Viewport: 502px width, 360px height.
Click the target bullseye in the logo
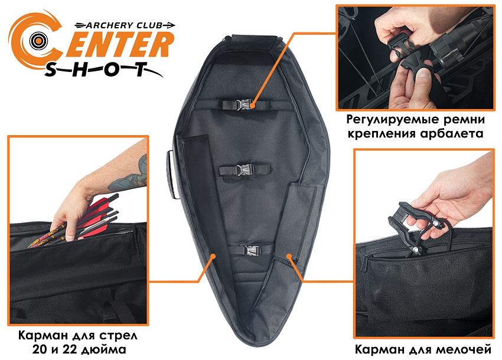pos(38,41)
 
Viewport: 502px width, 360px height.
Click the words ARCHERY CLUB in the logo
pos(124,25)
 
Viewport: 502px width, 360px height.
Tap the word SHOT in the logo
pos(96,69)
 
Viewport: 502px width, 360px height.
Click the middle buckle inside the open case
pos(245,169)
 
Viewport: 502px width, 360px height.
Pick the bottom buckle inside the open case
pos(252,250)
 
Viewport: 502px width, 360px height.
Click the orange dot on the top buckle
pos(253,104)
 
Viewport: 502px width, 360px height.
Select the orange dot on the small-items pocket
pos(289,256)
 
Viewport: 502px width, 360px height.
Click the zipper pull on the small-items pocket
pos(364,264)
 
